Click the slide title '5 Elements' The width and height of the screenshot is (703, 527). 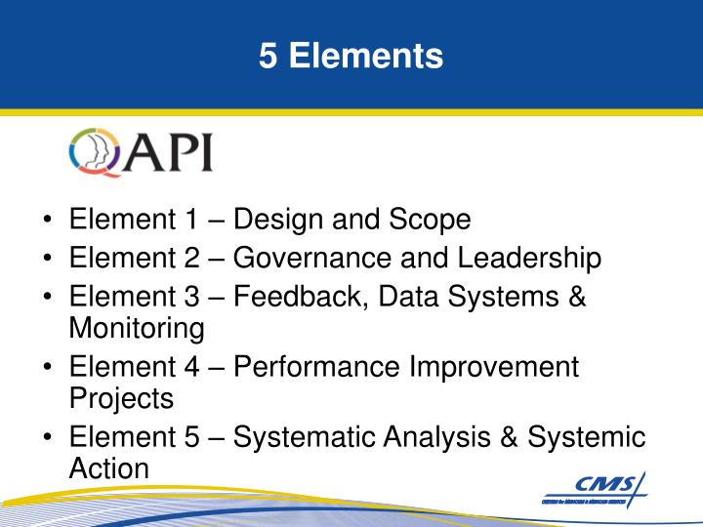[351, 56]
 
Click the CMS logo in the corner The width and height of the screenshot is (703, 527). [595, 487]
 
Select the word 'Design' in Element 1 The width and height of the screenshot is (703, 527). [279, 221]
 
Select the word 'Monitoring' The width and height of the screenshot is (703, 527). [137, 329]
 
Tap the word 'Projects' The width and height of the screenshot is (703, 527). [121, 399]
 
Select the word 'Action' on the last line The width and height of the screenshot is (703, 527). [109, 469]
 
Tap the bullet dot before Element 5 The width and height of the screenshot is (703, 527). [48, 438]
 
